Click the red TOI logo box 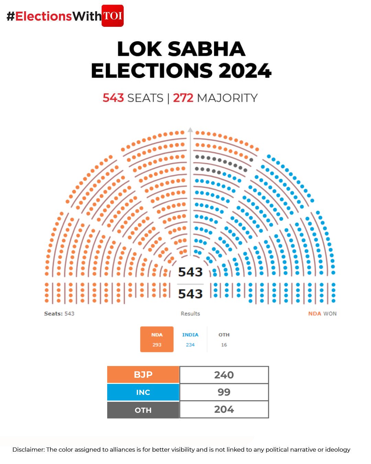[112, 16]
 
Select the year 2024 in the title [245, 71]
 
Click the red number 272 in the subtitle [183, 98]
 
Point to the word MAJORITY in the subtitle [227, 98]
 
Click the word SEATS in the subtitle [145, 98]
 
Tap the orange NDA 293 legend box [157, 339]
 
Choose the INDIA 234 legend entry [190, 339]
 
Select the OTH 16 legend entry [224, 339]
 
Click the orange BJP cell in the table [143, 375]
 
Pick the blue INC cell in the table [143, 392]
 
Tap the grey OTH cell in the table [143, 410]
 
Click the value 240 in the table [224, 375]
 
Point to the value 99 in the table [224, 392]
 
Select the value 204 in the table [224, 409]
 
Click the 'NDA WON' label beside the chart [322, 313]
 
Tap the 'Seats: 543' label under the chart [59, 313]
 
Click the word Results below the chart [190, 313]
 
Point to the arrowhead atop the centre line [190, 130]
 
